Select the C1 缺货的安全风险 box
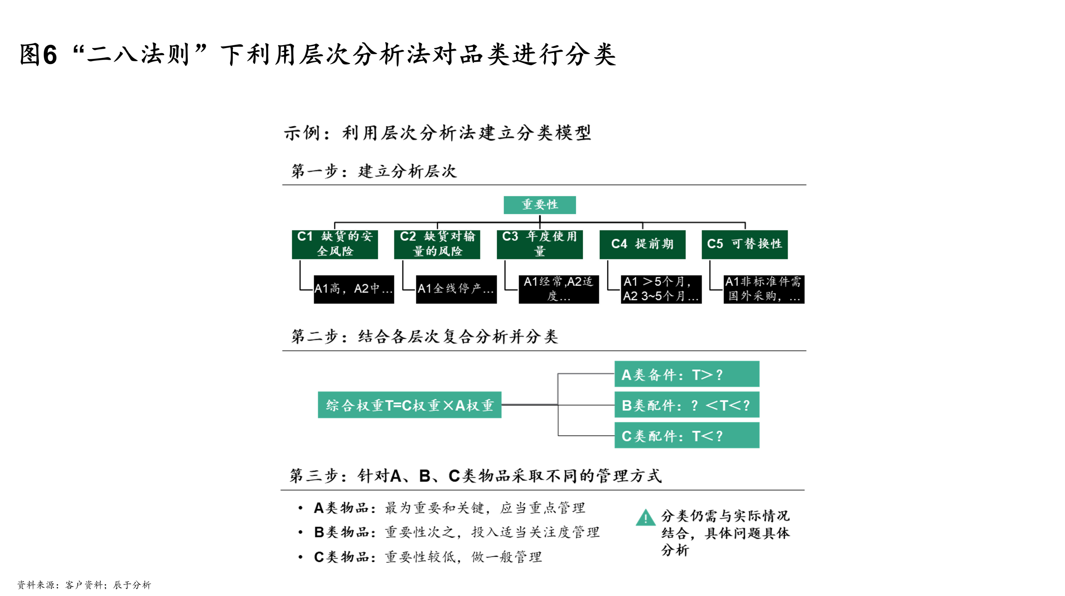(335, 244)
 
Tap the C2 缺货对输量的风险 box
(437, 244)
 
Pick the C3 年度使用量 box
(539, 244)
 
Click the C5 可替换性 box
(745, 244)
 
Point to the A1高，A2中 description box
(354, 289)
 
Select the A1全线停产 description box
(456, 289)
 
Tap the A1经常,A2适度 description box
(559, 289)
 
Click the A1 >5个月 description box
(661, 289)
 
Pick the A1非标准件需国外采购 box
(764, 289)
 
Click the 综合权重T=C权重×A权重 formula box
(409, 405)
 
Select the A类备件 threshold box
(687, 374)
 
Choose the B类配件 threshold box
(687, 405)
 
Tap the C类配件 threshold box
(687, 435)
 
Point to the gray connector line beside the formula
(558, 389)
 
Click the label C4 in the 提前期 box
(619, 244)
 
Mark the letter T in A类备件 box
(697, 375)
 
